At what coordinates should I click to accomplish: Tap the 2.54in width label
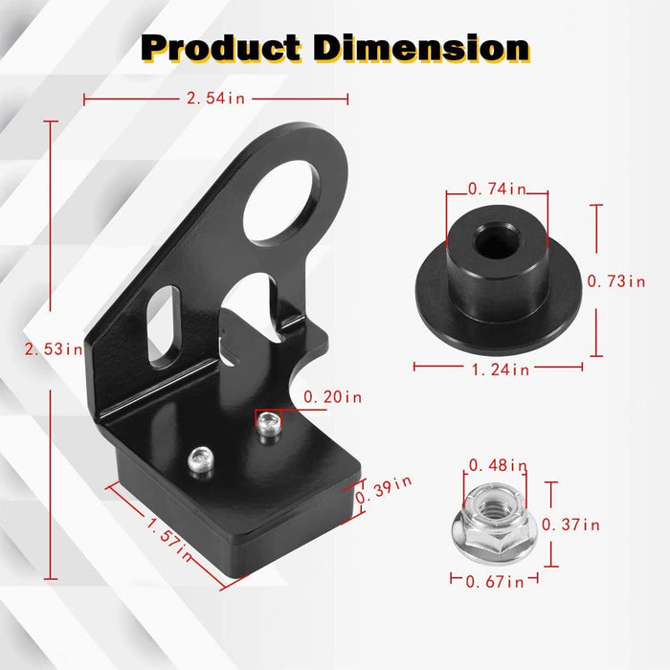[x=215, y=98]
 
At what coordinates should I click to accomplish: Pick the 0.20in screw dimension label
[x=332, y=395]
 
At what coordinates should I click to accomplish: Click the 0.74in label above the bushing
[x=497, y=190]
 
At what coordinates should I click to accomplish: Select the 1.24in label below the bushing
[x=498, y=368]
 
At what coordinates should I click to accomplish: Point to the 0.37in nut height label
[x=570, y=524]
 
